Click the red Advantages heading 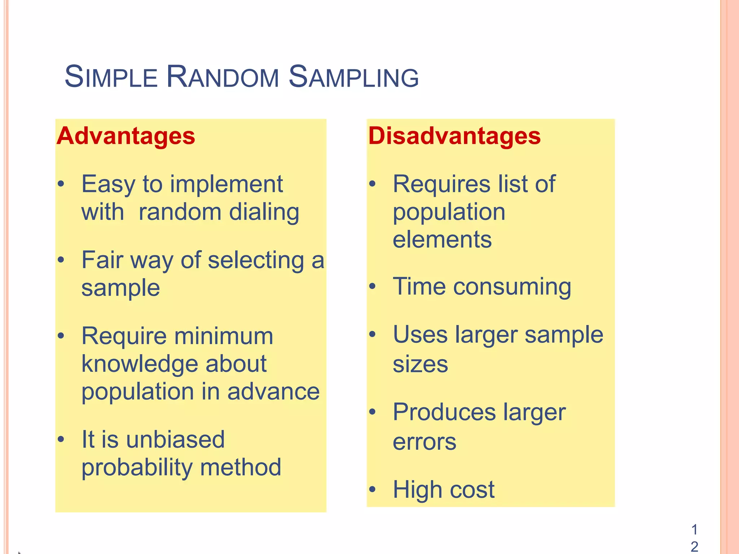coord(126,136)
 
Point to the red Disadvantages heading coord(454,136)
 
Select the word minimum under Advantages coord(224,336)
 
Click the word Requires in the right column coord(441,184)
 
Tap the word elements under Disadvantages coord(442,239)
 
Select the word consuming coord(512,287)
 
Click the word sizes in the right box coord(420,364)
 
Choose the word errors coord(424,442)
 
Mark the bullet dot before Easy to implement coord(61,184)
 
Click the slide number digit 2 coord(694,547)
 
